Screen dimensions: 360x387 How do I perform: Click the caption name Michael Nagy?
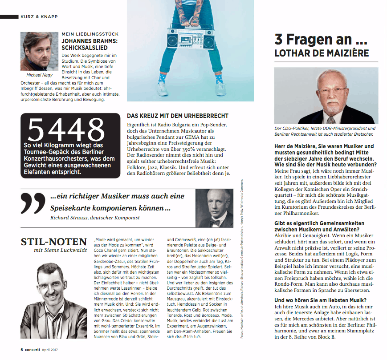[x=40, y=75]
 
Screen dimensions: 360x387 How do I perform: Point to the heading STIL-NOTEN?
[x=54, y=242]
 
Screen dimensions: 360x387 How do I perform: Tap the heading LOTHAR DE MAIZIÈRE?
[x=322, y=53]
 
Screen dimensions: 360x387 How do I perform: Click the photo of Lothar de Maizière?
[x=326, y=95]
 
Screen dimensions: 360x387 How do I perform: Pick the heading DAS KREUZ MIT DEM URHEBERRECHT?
[x=178, y=115]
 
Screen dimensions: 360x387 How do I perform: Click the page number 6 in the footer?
[x=22, y=350]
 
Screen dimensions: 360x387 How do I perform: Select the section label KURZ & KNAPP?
[x=39, y=16]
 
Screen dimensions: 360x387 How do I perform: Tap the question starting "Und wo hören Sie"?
[x=320, y=300]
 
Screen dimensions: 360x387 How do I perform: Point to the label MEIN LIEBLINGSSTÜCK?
[x=89, y=34]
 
